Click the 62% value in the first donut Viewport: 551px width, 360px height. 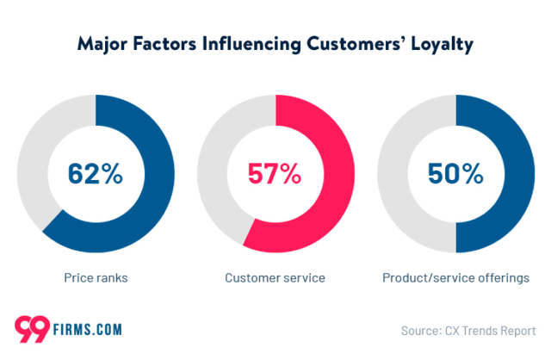click(x=96, y=174)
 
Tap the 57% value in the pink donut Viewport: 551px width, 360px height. click(x=275, y=174)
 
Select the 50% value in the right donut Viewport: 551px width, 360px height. click(x=455, y=174)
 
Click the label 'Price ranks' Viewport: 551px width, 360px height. click(x=95, y=277)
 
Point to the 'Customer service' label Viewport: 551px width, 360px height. click(x=275, y=277)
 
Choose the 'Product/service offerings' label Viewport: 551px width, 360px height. click(x=455, y=277)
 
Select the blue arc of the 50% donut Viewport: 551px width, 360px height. click(x=522, y=172)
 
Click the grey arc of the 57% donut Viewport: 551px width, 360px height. click(x=212, y=155)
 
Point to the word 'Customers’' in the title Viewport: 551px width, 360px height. click(x=355, y=43)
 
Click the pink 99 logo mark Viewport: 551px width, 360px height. click(x=31, y=328)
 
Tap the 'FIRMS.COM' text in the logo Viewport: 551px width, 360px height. click(x=85, y=329)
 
